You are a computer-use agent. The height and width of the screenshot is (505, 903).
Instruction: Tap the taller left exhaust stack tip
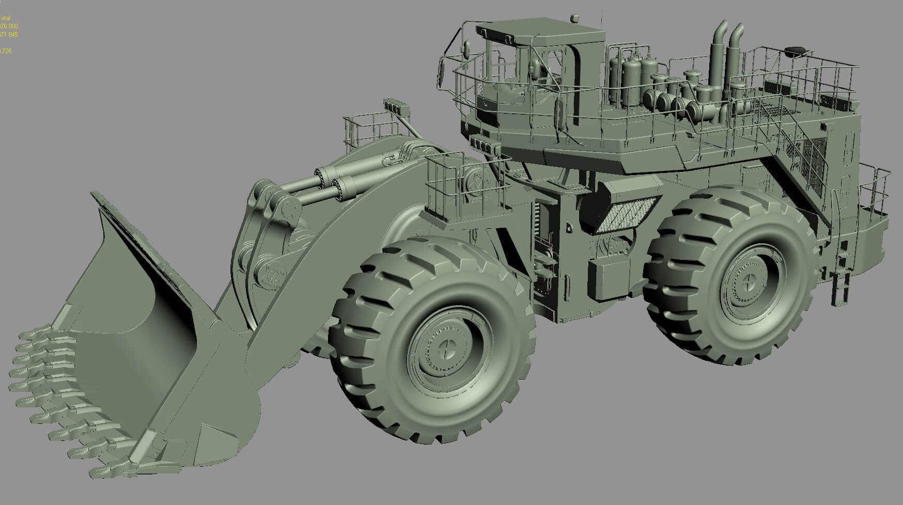click(x=720, y=26)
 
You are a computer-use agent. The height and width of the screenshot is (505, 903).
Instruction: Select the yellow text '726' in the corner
click(x=6, y=51)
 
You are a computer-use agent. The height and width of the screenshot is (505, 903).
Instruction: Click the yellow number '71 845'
click(x=9, y=35)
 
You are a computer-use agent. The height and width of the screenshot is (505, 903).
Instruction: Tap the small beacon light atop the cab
click(x=574, y=19)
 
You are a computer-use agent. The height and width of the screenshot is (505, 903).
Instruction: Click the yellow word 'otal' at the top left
click(x=6, y=18)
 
